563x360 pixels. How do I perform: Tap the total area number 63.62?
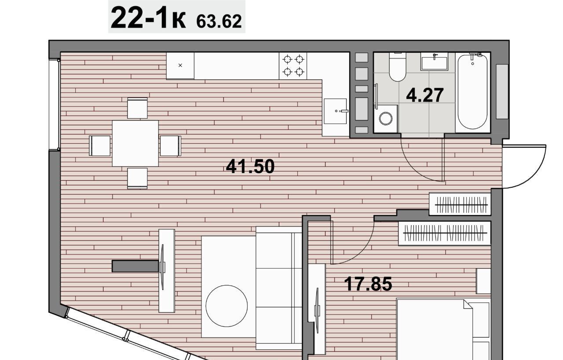[x=219, y=22]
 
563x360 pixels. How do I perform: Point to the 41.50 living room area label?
[x=250, y=167]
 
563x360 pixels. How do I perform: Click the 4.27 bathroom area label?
[x=425, y=95]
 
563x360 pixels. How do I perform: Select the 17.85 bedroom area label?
[x=368, y=284]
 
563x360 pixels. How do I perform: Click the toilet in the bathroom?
[x=397, y=67]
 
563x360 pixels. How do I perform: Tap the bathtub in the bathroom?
[x=472, y=92]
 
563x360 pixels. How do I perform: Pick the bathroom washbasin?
[x=434, y=62]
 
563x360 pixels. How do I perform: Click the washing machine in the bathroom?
[x=386, y=119]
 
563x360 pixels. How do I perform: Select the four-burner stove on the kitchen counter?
[x=293, y=66]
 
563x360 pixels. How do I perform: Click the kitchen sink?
[x=335, y=111]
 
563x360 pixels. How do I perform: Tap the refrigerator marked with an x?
[x=180, y=65]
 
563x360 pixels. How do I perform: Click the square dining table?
[x=135, y=143]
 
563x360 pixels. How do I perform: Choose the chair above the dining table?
[x=137, y=108]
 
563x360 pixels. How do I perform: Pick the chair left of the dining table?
[x=100, y=145]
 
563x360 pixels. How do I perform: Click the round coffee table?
[x=227, y=306]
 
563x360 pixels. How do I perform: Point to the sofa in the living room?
[x=279, y=288]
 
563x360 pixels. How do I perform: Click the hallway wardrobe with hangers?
[x=460, y=204]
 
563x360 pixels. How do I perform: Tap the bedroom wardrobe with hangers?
[x=445, y=233]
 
